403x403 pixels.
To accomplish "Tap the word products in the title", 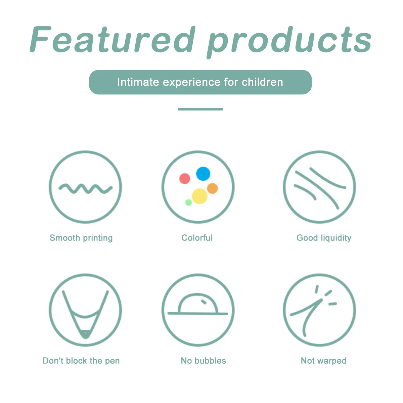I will pyautogui.click(x=289, y=41).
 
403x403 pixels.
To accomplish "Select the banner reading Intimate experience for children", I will pyautogui.click(x=200, y=82).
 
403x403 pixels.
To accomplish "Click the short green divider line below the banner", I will pyautogui.click(x=200, y=109).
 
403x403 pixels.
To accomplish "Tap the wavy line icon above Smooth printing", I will pyautogui.click(x=86, y=189).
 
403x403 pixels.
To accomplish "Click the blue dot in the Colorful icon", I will pyautogui.click(x=203, y=174).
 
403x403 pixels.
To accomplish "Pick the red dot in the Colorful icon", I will pyautogui.click(x=185, y=178).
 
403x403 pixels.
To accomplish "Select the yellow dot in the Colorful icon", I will pyautogui.click(x=199, y=196).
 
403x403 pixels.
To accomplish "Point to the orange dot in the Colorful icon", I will pyautogui.click(x=212, y=188).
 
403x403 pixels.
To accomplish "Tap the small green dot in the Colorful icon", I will pyautogui.click(x=188, y=202).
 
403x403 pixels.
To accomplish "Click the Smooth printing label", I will pyautogui.click(x=81, y=238).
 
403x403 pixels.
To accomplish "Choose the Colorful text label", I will pyautogui.click(x=197, y=238).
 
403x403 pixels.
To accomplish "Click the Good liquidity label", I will pyautogui.click(x=324, y=238).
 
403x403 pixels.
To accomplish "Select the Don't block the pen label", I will pyautogui.click(x=81, y=361).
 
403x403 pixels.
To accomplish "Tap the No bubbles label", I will pyautogui.click(x=203, y=361).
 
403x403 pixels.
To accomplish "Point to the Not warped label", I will pyautogui.click(x=323, y=361).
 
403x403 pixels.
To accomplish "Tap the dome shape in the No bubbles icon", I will pyautogui.click(x=198, y=304).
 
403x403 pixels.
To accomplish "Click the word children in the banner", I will pyautogui.click(x=262, y=82).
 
